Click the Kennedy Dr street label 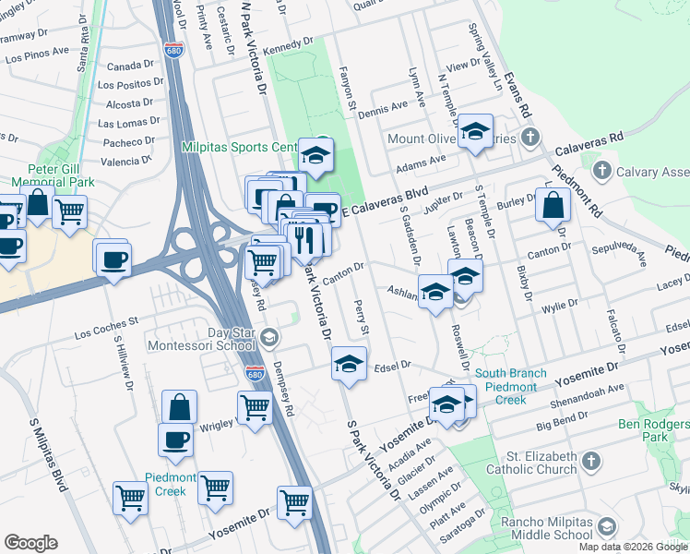coord(288,46)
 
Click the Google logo coord(30,543)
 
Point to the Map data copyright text coord(633,547)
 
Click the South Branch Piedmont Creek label coord(511,387)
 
